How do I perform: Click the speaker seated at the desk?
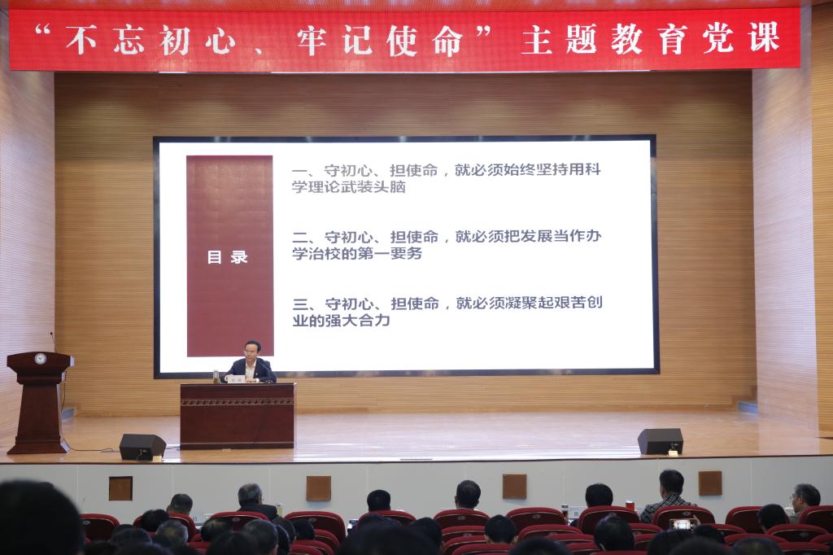[x=250, y=364]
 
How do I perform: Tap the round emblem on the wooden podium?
[x=40, y=359]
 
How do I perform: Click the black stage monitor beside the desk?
[x=142, y=447]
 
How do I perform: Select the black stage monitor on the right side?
[x=661, y=441]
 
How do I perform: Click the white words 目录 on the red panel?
[x=228, y=257]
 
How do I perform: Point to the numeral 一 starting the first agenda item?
[x=299, y=171]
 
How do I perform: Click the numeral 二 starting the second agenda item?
[x=299, y=238]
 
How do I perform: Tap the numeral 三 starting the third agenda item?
[x=300, y=304]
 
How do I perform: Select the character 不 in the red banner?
[x=82, y=40]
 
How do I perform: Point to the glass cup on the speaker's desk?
[x=216, y=376]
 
